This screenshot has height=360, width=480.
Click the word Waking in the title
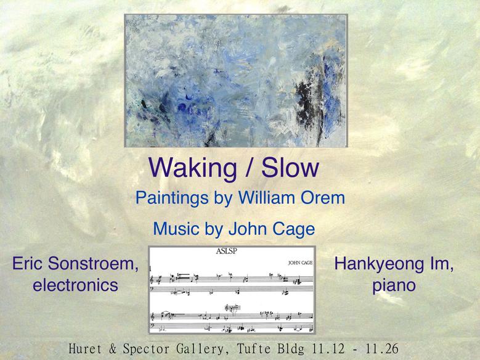(x=192, y=169)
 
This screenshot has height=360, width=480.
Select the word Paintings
(x=172, y=198)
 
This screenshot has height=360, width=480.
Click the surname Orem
(x=323, y=198)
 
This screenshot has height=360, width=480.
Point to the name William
(x=266, y=198)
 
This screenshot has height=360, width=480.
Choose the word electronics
(x=75, y=285)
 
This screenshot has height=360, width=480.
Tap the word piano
(x=394, y=286)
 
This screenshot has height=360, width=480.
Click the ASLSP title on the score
(x=227, y=252)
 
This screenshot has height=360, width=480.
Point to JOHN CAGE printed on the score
(x=300, y=263)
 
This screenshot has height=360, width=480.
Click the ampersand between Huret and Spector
(x=113, y=349)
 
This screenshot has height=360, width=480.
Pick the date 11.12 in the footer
(x=328, y=349)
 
